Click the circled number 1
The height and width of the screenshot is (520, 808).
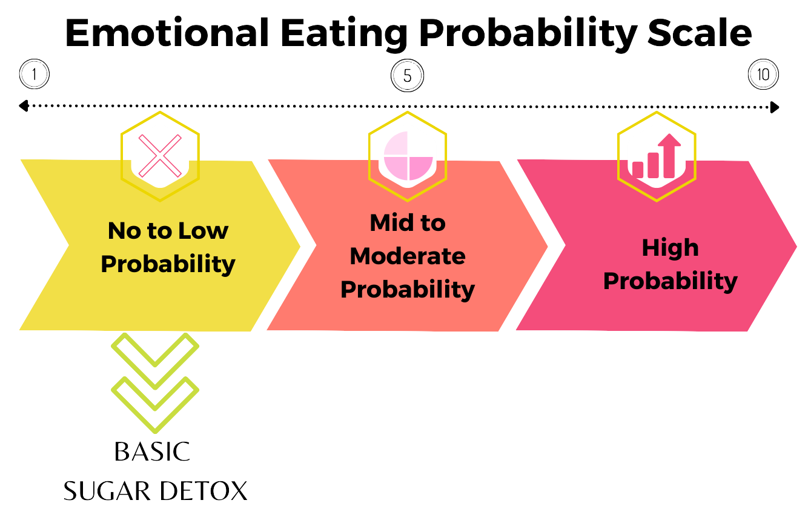35,75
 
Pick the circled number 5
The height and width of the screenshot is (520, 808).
408,76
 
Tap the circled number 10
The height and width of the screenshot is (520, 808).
763,75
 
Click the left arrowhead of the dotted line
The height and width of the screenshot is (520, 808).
23,107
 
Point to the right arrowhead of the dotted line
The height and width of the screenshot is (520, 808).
775,107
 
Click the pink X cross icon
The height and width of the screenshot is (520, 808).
160,156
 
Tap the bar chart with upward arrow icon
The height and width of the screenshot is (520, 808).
656,157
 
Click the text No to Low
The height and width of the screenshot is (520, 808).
168,231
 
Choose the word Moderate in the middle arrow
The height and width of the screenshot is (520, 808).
408,256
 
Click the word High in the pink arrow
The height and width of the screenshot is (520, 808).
671,248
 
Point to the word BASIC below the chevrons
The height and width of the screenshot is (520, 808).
152,452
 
